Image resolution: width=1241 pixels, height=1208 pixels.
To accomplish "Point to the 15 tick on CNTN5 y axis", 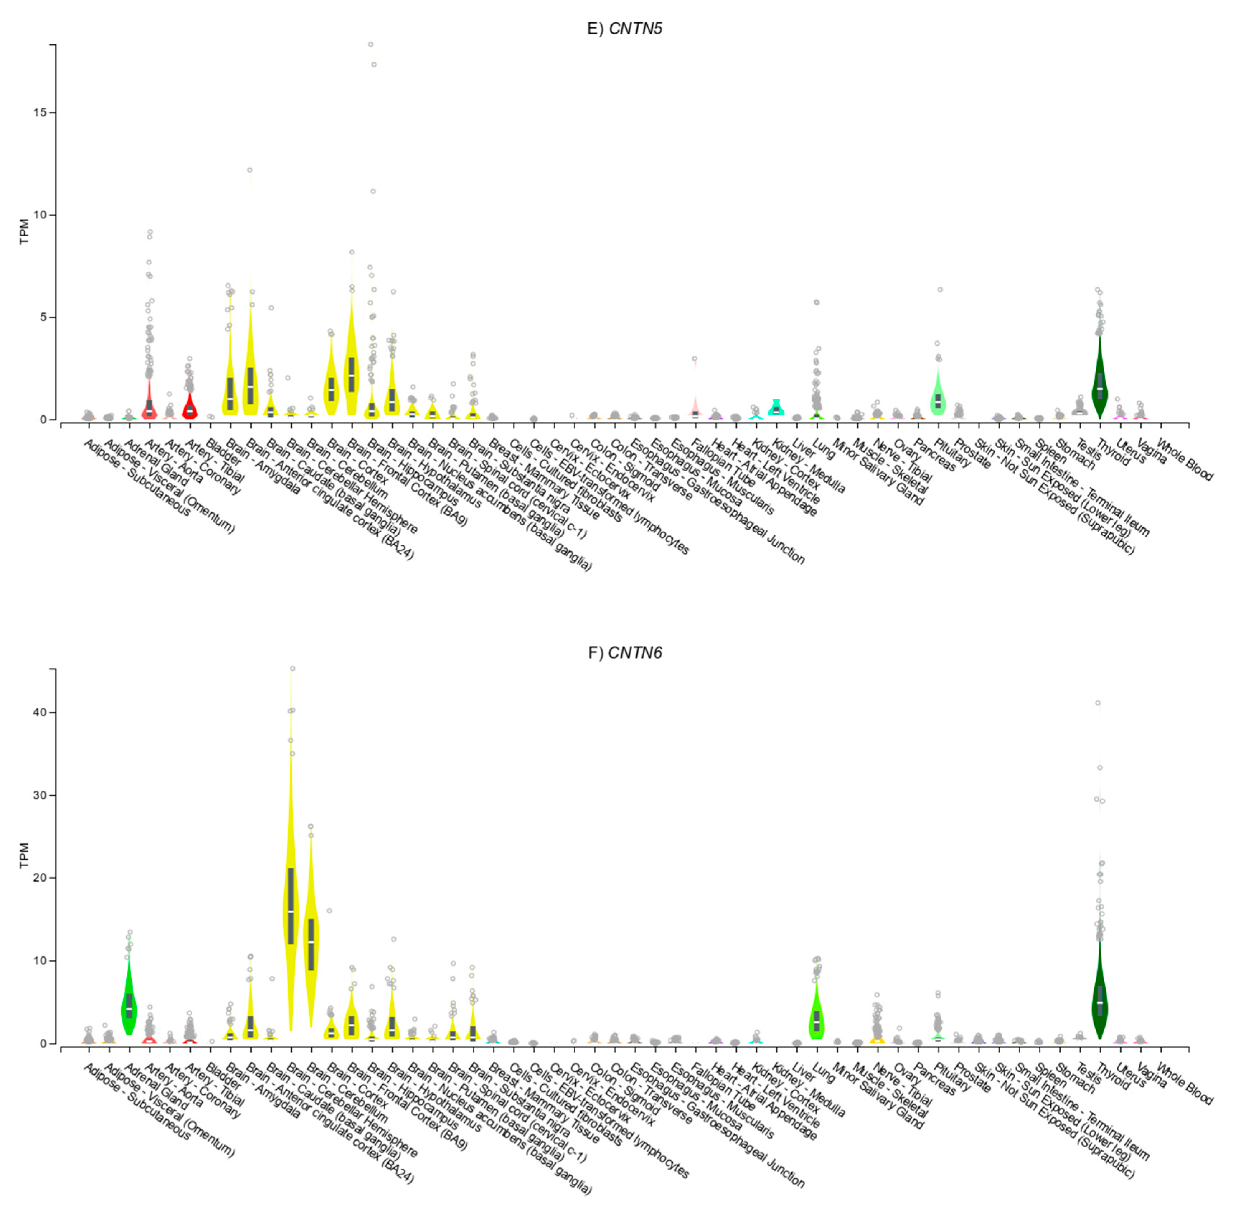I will pyautogui.click(x=42, y=113).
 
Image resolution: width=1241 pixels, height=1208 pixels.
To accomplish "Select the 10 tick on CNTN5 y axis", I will pyautogui.click(x=42, y=215).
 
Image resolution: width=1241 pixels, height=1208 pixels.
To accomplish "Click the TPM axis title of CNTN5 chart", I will pyautogui.click(x=24, y=231).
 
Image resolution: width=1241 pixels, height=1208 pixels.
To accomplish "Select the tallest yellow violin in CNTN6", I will pyautogui.click(x=291, y=901).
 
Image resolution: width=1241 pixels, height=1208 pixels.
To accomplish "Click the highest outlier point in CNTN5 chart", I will pyautogui.click(x=371, y=44).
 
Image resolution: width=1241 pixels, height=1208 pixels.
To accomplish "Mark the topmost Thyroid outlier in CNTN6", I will pyautogui.click(x=1098, y=703).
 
